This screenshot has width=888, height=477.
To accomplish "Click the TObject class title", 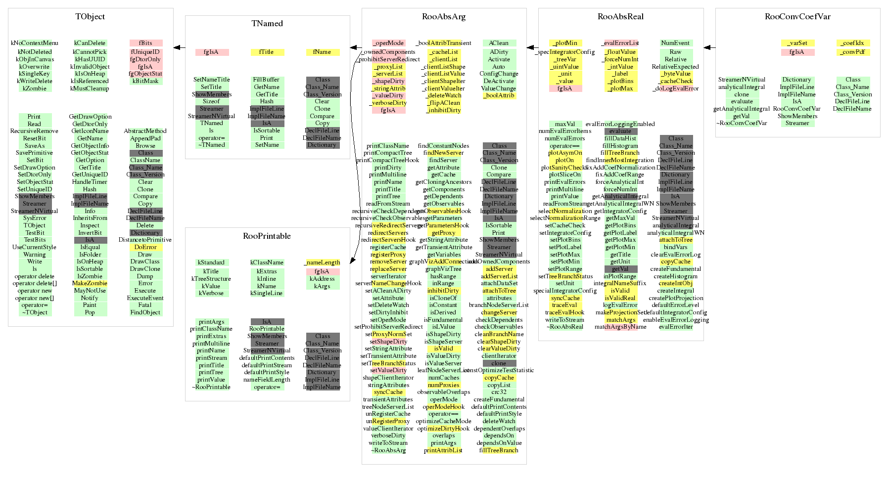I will [90, 17].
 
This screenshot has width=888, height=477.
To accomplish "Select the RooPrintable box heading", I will [267, 236].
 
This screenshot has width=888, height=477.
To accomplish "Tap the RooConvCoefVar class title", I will [797, 17].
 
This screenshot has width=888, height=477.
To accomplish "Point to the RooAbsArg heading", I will [444, 17].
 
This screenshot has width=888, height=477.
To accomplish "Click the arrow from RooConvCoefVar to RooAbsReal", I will [709, 47].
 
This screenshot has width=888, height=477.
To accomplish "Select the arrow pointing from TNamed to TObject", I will [179, 47].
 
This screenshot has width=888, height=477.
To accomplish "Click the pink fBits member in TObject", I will [145, 43].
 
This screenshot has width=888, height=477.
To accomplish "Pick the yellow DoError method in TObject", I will [145, 247].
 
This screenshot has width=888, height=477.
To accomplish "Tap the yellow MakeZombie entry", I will [90, 283].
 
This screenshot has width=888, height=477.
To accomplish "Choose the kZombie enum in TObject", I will [35, 88].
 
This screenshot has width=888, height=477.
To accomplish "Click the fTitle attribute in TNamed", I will [267, 52].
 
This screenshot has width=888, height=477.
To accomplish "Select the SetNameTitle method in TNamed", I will [212, 80].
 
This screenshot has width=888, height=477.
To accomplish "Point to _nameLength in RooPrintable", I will [322, 262].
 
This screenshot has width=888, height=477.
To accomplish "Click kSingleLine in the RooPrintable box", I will [267, 293].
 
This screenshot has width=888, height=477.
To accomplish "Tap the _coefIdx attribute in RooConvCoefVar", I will [852, 43].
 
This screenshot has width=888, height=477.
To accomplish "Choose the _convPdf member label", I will [852, 52].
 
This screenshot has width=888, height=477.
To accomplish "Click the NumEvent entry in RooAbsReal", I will [675, 43].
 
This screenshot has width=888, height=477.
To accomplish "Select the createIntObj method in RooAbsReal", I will [675, 283].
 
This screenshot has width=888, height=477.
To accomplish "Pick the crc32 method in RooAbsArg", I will [499, 392].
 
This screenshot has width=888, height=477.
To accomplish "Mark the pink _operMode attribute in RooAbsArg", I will [388, 43].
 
